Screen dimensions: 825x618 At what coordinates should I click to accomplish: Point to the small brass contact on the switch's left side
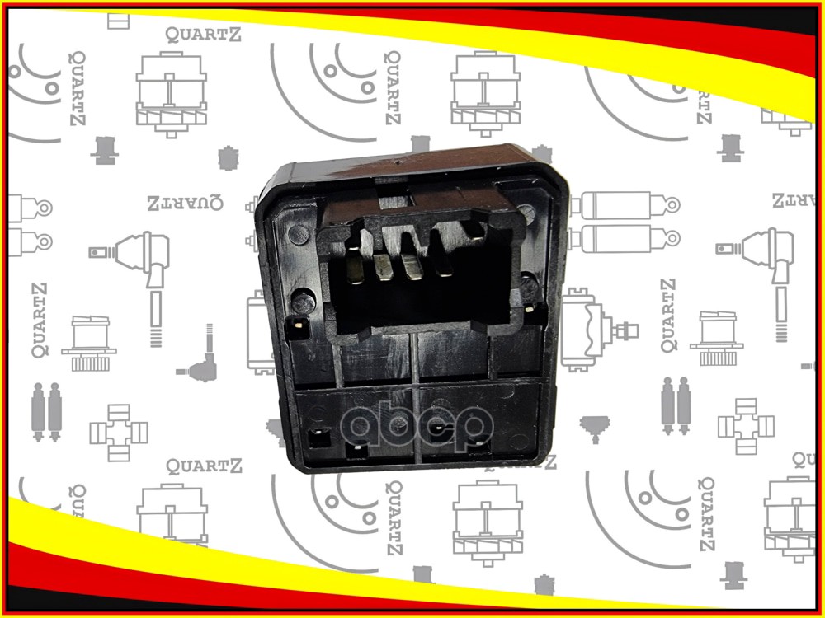click(295, 324)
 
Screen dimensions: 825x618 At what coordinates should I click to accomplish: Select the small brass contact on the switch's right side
click(529, 309)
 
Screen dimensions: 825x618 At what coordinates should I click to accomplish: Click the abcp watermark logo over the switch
click(417, 424)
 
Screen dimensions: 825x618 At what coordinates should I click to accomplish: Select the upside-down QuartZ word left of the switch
click(185, 203)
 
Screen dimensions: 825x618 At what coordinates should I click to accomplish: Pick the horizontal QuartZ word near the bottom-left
click(204, 466)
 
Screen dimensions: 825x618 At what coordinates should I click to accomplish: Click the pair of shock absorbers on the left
click(47, 410)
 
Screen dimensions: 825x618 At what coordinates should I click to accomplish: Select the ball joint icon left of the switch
click(140, 255)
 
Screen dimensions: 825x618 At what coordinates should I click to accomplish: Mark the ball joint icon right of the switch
click(763, 256)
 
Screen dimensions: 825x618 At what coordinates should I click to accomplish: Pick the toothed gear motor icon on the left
click(89, 341)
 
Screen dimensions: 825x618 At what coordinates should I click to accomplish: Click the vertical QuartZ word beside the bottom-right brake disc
click(705, 513)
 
